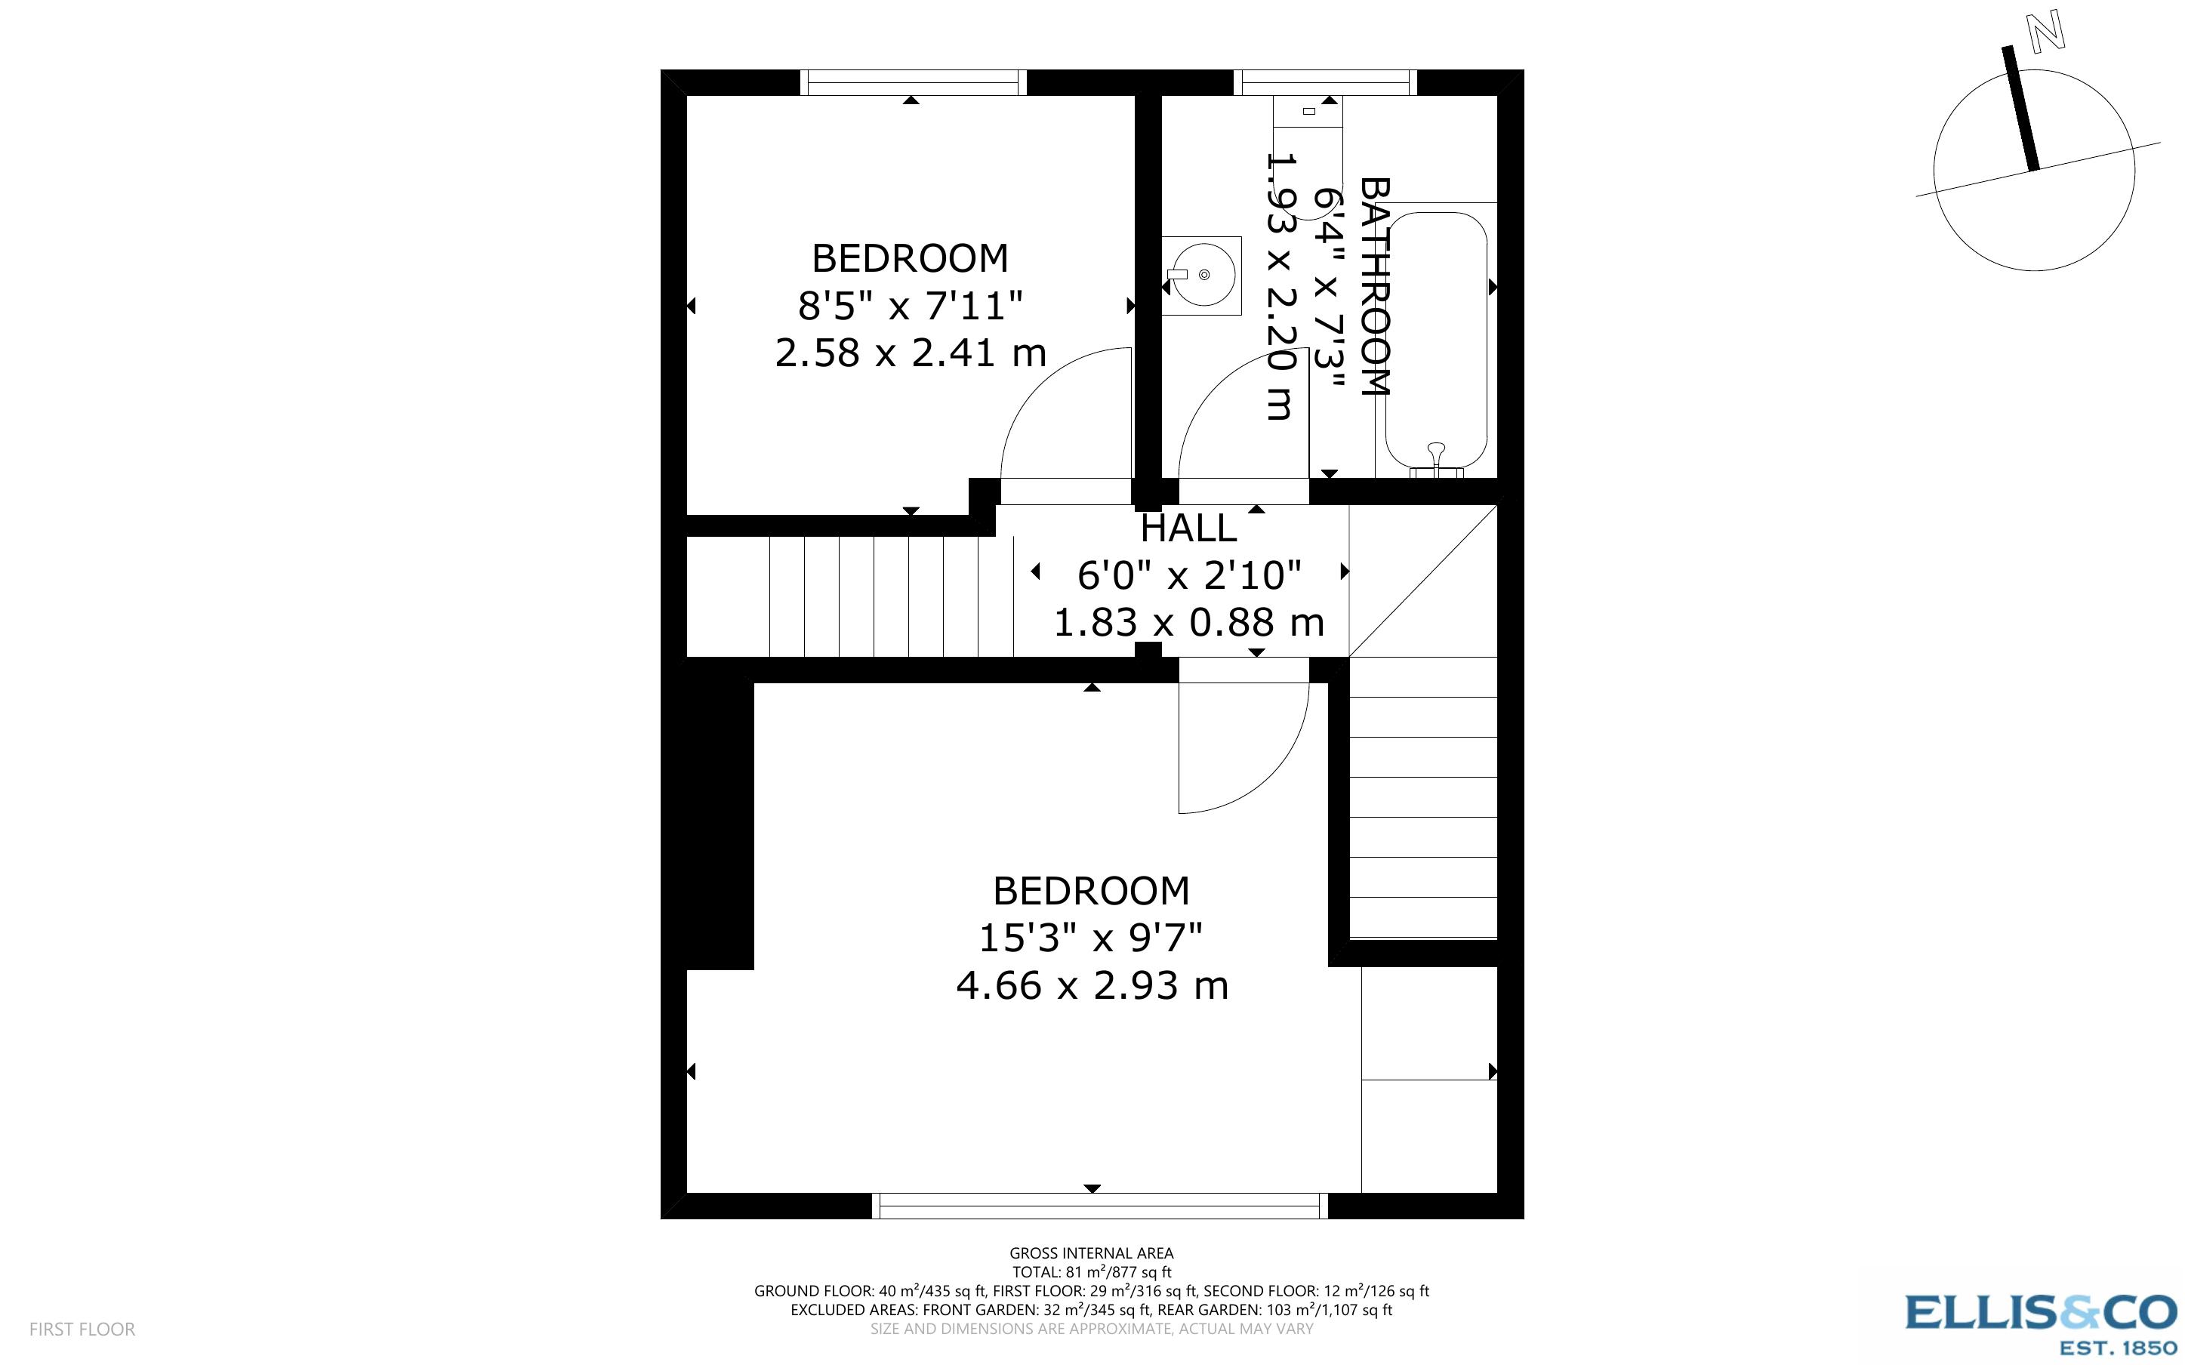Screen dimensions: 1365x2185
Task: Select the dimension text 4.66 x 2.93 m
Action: click(x=1092, y=985)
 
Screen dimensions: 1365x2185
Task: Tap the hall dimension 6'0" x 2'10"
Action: click(x=1188, y=575)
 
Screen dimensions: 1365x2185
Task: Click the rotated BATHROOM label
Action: click(x=1375, y=286)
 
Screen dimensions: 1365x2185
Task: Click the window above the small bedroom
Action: click(x=913, y=82)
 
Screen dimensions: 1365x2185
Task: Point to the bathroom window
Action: click(x=1324, y=82)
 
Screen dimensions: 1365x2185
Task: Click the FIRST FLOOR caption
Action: click(x=82, y=1329)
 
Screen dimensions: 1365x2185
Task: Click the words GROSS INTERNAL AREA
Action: click(x=1091, y=1253)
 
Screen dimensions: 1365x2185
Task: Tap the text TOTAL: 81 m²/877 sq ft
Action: click(x=1091, y=1272)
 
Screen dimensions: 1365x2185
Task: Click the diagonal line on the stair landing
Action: click(x=1422, y=581)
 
